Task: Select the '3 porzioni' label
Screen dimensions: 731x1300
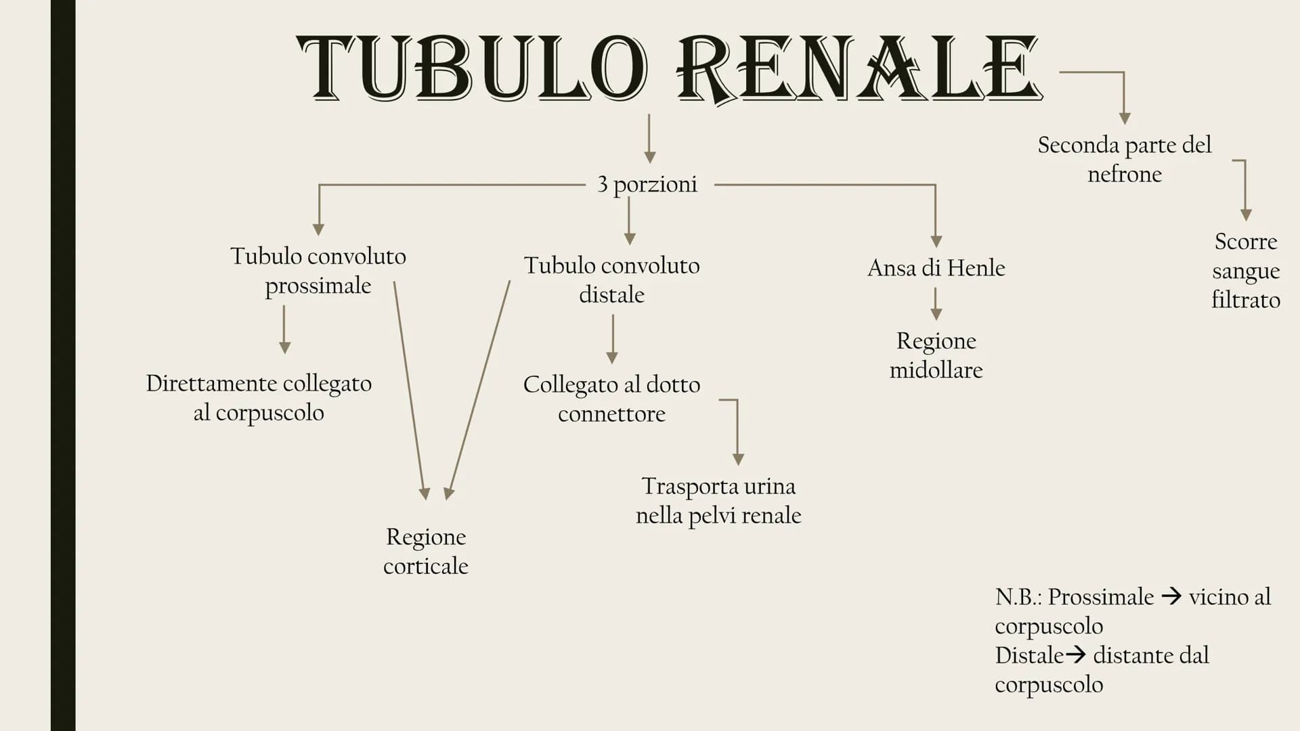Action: [647, 184]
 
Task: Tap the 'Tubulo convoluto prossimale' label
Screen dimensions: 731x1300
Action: [318, 271]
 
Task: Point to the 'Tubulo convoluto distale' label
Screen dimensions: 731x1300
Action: [611, 280]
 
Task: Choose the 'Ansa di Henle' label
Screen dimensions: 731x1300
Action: [936, 268]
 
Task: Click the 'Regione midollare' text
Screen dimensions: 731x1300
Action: [936, 355]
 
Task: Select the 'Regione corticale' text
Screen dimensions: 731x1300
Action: [426, 551]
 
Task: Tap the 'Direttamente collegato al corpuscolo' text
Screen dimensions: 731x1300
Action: [259, 398]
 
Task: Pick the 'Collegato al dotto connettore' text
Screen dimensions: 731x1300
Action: [611, 399]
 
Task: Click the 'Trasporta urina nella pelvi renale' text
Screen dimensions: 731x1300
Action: [718, 501]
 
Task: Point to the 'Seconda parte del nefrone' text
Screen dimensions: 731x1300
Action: [1124, 159]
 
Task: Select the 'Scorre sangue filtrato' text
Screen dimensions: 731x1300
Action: [1245, 271]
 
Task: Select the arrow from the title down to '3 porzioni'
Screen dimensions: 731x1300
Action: [649, 139]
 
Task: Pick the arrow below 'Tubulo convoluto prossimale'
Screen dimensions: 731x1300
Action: [284, 329]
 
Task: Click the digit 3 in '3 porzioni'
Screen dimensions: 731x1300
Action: [602, 184]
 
